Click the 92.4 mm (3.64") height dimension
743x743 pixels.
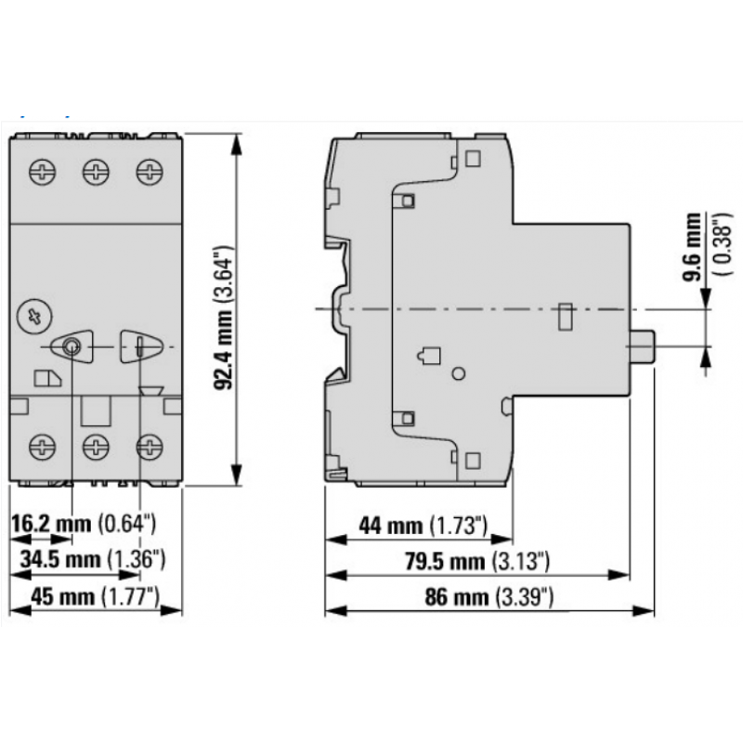click(x=223, y=318)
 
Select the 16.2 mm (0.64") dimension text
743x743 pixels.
click(x=83, y=525)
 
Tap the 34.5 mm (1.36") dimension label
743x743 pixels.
click(x=91, y=559)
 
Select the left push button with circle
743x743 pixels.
click(x=72, y=347)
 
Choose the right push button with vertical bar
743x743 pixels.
click(x=139, y=346)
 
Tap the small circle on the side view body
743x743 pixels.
click(x=458, y=373)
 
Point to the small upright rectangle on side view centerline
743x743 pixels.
click(x=563, y=317)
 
